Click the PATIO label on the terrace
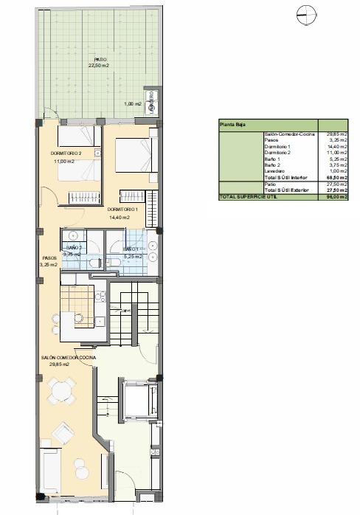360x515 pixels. (x=100, y=59)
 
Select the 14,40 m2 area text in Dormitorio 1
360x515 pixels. (x=119, y=218)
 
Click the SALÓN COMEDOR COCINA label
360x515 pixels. (x=69, y=357)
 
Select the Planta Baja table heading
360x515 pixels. (x=231, y=126)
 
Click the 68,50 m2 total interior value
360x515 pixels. (x=337, y=177)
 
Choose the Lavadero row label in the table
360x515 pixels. (x=275, y=172)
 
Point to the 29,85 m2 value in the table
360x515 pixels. (x=337, y=135)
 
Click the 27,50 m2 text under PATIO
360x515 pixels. (x=100, y=66)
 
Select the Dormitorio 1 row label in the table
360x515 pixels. (x=277, y=146)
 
